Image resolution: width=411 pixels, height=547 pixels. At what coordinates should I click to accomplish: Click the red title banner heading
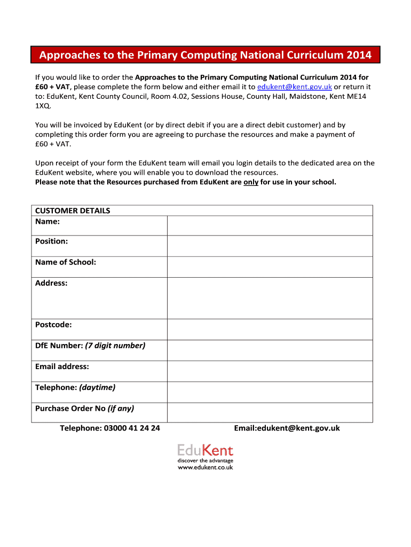(x=205, y=55)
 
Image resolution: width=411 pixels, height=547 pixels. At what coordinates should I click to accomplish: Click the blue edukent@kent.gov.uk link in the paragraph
(x=295, y=87)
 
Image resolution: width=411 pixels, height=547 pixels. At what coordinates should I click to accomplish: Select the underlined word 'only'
(x=251, y=182)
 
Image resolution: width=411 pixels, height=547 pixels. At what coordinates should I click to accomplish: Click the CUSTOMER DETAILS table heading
(x=73, y=210)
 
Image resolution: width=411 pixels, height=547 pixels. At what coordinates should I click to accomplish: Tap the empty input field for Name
(x=270, y=225)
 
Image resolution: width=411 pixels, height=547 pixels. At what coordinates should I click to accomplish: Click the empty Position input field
(x=270, y=246)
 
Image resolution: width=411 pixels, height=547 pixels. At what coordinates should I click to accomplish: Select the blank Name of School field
(x=270, y=267)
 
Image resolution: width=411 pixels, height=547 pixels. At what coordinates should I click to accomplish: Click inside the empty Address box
(x=270, y=298)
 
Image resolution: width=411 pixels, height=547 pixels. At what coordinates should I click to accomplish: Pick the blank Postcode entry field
(x=270, y=330)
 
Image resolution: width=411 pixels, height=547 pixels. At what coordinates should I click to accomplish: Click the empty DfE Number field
(x=270, y=350)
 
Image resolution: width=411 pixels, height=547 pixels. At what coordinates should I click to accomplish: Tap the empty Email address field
(x=270, y=371)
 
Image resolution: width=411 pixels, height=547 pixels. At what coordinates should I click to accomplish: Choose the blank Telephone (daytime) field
(x=270, y=392)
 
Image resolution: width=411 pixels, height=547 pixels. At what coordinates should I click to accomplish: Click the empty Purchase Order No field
(x=270, y=412)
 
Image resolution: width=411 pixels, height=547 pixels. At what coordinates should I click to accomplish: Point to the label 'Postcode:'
(x=53, y=325)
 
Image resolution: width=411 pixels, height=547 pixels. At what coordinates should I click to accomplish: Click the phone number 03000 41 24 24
(x=132, y=428)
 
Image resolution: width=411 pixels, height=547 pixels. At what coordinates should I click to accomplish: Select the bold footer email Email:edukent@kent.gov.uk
(x=287, y=428)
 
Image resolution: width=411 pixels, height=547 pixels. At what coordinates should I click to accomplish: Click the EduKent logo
(x=205, y=450)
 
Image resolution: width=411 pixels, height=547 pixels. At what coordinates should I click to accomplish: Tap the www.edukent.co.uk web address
(x=205, y=467)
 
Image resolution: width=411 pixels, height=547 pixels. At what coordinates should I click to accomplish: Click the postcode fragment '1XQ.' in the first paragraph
(x=43, y=106)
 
